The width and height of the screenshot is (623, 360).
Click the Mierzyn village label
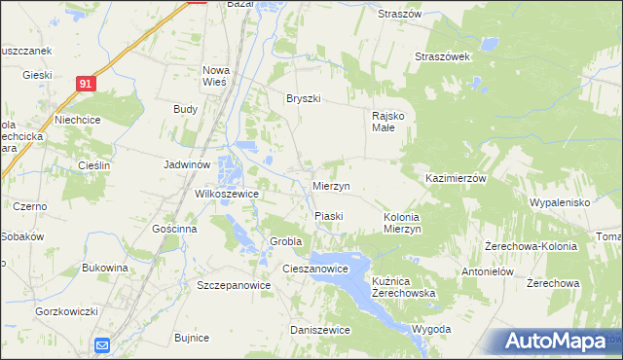(x=332, y=186)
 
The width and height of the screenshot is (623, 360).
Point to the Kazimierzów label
(x=456, y=179)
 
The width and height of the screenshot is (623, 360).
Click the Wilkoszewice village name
(x=227, y=194)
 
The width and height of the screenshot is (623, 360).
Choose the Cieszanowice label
(x=314, y=268)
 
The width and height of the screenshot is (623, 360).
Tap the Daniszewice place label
(x=320, y=330)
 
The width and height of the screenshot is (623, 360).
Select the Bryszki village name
(x=303, y=98)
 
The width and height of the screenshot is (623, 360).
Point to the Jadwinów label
(x=187, y=165)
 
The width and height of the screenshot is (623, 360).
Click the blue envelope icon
(x=103, y=345)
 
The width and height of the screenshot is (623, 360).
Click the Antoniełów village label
(x=487, y=271)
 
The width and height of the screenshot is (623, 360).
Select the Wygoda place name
(x=431, y=329)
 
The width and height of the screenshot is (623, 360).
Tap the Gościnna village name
(x=175, y=229)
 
